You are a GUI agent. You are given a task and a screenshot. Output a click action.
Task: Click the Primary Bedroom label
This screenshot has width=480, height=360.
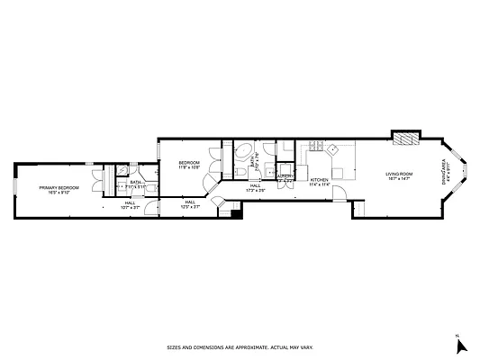tap(59, 187)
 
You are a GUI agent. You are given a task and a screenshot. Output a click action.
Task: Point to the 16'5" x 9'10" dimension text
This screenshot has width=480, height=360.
tap(59, 193)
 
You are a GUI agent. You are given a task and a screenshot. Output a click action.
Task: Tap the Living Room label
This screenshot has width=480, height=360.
tap(399, 174)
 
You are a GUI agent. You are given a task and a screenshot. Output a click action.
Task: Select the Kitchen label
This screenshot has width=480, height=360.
tap(320, 180)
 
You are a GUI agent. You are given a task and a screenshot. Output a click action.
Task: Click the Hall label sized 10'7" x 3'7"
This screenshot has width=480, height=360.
tap(131, 202)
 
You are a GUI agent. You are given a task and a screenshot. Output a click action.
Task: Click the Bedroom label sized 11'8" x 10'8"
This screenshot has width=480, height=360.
tap(188, 163)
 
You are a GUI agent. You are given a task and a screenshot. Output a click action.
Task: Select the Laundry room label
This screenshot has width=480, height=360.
tap(285, 177)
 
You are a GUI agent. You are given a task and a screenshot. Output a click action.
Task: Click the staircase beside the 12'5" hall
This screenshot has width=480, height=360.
tap(234, 210)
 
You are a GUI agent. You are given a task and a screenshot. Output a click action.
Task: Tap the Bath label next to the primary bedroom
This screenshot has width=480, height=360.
tap(136, 183)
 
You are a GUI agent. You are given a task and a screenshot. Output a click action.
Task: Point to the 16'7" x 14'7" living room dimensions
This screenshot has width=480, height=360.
tap(399, 179)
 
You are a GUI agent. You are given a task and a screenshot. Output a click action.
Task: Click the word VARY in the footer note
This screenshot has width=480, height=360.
tap(307, 346)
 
